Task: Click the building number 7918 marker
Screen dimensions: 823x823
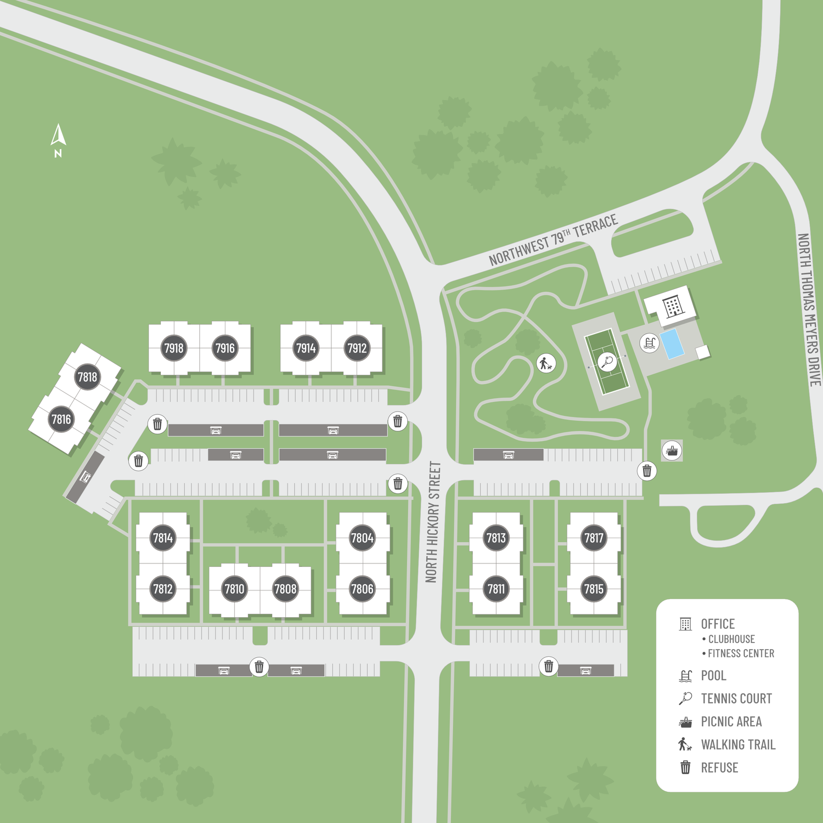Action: pyautogui.click(x=174, y=348)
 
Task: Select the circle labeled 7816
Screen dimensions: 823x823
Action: pyautogui.click(x=61, y=420)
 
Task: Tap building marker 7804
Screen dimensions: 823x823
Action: pyautogui.click(x=362, y=538)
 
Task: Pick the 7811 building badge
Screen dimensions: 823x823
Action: pyautogui.click(x=496, y=589)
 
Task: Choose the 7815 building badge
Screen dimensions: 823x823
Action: pyautogui.click(x=594, y=589)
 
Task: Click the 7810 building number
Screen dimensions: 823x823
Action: pyautogui.click(x=234, y=589)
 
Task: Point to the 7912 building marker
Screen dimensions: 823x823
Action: pyautogui.click(x=357, y=348)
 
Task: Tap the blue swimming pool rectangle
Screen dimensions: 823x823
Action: pyautogui.click(x=672, y=344)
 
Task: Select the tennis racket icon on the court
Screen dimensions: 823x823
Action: pyautogui.click(x=607, y=362)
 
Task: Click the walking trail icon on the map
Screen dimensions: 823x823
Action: pyautogui.click(x=545, y=363)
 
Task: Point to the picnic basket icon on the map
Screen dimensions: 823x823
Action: pyautogui.click(x=672, y=451)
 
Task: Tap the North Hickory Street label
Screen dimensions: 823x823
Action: pyautogui.click(x=433, y=522)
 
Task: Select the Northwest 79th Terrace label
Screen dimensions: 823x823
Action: pyautogui.click(x=553, y=240)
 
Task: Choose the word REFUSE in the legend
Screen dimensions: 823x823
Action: pyautogui.click(x=719, y=768)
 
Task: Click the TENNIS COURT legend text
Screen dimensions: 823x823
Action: pyautogui.click(x=736, y=698)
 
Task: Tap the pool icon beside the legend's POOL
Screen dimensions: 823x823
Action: pyautogui.click(x=685, y=676)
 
